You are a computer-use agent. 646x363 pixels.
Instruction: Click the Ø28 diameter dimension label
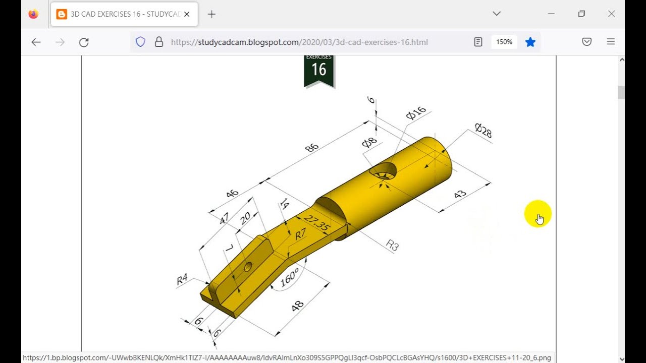tap(483, 131)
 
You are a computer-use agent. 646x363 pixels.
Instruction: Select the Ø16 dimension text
tap(416, 113)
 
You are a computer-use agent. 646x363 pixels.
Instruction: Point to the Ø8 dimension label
tap(369, 143)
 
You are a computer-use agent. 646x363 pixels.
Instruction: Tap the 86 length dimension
tap(312, 148)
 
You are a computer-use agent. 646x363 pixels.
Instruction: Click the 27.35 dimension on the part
tap(317, 223)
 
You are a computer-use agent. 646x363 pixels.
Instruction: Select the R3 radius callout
tap(392, 246)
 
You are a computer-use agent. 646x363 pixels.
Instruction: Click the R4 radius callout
tap(182, 279)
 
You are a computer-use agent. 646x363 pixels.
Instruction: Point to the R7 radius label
tap(300, 234)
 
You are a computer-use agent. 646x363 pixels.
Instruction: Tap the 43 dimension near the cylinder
tap(460, 194)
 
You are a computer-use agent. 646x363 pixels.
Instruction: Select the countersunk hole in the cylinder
tap(384, 171)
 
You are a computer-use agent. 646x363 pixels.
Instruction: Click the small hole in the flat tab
tap(248, 267)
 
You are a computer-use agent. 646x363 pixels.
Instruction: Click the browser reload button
tap(84, 42)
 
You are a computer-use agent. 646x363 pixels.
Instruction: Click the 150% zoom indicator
tap(504, 42)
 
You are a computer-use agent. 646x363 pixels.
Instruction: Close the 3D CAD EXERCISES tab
tap(187, 14)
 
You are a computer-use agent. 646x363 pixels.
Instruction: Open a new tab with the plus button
tap(211, 14)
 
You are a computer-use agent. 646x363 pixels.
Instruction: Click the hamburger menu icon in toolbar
tap(611, 42)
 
